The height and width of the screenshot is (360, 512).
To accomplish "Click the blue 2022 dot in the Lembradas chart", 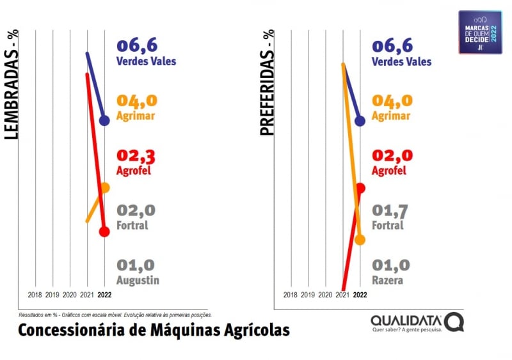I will [x=104, y=120].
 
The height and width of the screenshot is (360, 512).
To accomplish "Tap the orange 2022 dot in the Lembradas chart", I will [x=105, y=187].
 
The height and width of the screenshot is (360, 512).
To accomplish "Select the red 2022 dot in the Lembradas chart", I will [x=104, y=231].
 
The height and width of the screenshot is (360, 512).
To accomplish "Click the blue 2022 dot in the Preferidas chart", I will [x=360, y=121].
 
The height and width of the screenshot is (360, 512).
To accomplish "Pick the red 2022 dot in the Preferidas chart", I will [x=360, y=187].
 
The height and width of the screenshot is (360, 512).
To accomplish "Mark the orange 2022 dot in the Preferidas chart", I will [x=360, y=240].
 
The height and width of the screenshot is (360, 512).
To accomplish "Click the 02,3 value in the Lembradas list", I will [x=137, y=157].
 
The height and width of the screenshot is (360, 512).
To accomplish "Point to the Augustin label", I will [x=138, y=280].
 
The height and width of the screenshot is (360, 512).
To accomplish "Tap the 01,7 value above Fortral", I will [x=392, y=211].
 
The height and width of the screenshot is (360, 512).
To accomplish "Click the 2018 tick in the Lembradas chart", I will [x=35, y=295].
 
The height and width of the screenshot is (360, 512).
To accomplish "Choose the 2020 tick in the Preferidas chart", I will [x=325, y=295].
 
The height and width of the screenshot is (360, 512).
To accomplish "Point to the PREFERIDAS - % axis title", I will [x=267, y=82].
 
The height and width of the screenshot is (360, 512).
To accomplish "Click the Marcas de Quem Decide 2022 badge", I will [x=480, y=32].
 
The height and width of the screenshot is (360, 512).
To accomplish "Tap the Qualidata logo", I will [x=416, y=322].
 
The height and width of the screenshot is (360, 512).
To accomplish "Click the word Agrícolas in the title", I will [x=255, y=330].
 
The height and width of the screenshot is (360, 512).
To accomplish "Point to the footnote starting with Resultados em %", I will [x=115, y=315].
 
